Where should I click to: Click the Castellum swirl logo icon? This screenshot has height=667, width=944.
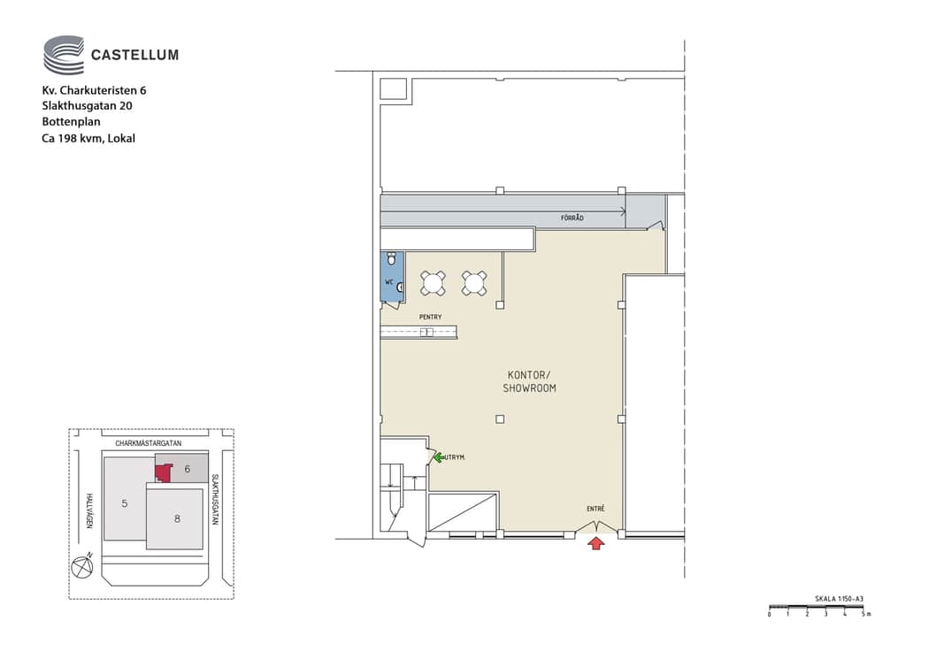[63, 55]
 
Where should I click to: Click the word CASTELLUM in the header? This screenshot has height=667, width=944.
[134, 56]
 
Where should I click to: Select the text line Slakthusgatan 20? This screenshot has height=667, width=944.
[88, 106]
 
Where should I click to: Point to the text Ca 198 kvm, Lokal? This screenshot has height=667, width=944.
[88, 139]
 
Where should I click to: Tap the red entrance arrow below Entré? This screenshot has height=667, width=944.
[596, 543]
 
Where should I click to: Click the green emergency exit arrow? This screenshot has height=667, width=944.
[439, 457]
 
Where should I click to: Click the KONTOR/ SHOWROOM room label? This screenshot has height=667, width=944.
[529, 381]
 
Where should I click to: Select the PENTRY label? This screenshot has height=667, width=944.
[431, 317]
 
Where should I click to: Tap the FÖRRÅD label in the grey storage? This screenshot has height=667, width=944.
[572, 218]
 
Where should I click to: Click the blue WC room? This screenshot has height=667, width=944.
[393, 277]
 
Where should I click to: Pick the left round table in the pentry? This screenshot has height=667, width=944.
[433, 283]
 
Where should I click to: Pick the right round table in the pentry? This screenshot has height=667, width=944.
[474, 283]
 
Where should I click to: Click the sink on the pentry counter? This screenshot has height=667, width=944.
[426, 332]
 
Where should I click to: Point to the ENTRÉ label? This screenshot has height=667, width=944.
[595, 509]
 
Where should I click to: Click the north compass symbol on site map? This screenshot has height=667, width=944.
[82, 566]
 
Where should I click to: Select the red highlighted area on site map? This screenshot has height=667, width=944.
[163, 472]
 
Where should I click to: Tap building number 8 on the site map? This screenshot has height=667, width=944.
[177, 518]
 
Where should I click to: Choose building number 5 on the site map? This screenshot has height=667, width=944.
[125, 503]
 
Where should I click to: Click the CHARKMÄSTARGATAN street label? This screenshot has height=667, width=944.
[148, 443]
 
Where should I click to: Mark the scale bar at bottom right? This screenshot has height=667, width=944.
[817, 607]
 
